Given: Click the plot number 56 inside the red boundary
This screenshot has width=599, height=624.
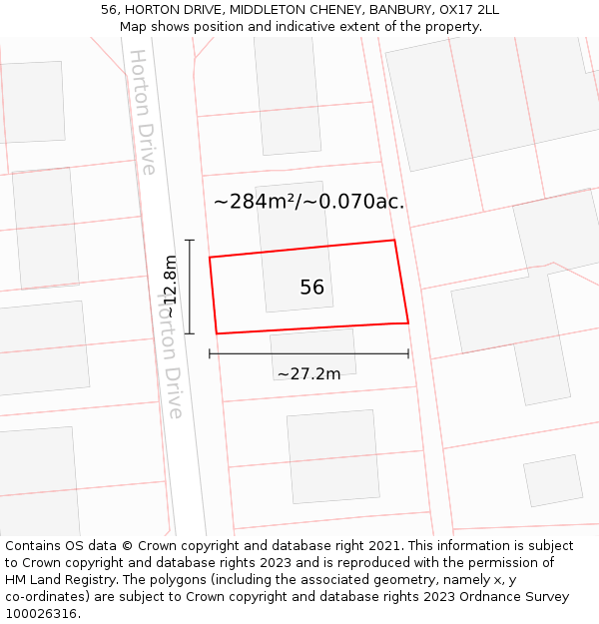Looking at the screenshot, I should point(311,288).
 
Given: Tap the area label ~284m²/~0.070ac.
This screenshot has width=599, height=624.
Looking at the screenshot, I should point(308,202).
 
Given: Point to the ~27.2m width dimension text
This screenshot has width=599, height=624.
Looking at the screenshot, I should point(308,374).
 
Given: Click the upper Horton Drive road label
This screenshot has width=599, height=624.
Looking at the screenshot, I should point(143,112).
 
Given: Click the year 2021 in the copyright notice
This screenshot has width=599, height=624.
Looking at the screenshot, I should point(383,546).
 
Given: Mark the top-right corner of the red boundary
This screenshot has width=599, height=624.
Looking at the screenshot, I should point(394,241).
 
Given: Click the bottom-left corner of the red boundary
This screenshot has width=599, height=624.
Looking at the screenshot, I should point(217,333).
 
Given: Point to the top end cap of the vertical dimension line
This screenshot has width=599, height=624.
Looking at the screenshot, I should point(189,241).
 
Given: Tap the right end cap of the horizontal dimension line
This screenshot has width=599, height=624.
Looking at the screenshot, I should point(408,353).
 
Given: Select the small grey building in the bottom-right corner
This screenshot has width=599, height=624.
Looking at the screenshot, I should point(553,480).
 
